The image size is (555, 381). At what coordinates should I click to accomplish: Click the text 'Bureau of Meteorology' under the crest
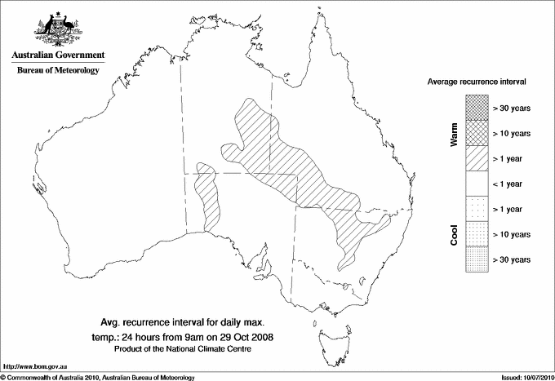pyautogui.click(x=58, y=70)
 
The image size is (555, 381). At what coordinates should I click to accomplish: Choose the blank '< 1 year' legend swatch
pyautogui.click(x=476, y=184)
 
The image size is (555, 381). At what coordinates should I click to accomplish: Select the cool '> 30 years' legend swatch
pyautogui.click(x=476, y=259)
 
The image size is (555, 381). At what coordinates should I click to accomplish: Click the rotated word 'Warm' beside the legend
pyautogui.click(x=455, y=134)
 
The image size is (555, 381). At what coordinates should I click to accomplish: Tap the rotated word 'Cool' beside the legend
pyautogui.click(x=455, y=234)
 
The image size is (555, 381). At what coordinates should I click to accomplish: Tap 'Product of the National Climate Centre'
pyautogui.click(x=193, y=349)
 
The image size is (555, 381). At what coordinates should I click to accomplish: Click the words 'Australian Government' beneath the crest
pyautogui.click(x=58, y=55)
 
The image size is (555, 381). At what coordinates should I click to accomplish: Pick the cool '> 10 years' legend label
pyautogui.click(x=513, y=234)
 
